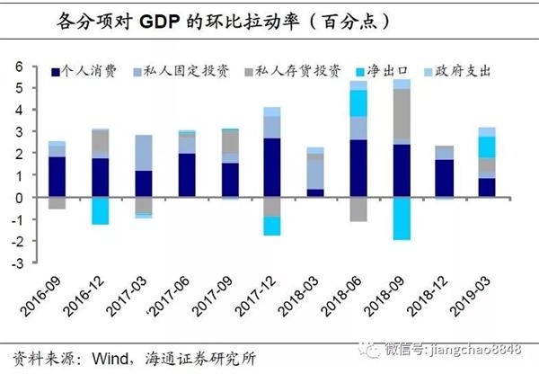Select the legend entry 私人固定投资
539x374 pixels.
(170, 69)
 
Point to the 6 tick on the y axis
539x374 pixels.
(16, 67)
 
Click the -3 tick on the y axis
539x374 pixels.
(14, 263)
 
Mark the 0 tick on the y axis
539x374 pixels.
(16, 197)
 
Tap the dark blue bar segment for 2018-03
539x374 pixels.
(315, 192)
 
